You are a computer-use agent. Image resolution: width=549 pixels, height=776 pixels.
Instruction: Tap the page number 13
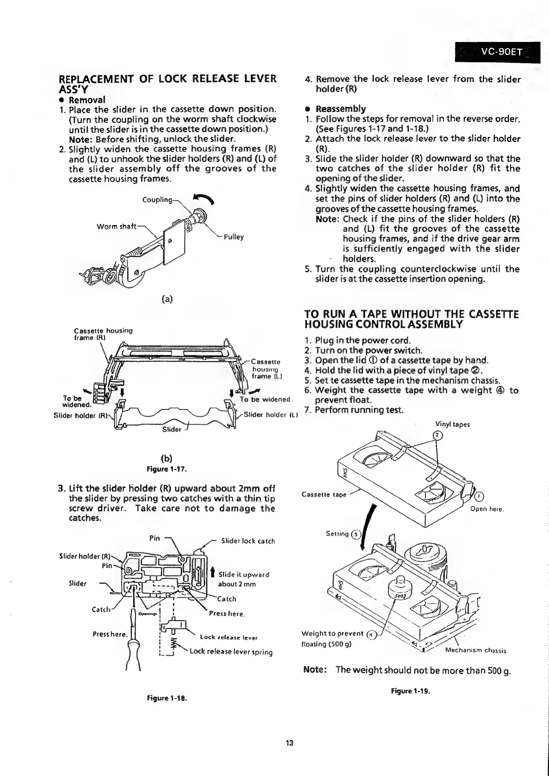coord(289,743)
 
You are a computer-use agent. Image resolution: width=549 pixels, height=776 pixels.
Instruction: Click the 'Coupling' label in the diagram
coord(157,200)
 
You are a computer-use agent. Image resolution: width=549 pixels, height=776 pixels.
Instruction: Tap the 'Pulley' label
coord(234,237)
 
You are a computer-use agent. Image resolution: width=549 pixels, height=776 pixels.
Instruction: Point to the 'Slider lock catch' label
coord(248,541)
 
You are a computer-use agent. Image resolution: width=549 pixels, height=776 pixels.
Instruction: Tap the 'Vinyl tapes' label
coord(452,424)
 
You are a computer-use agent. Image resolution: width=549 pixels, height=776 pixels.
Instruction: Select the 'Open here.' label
coord(488,509)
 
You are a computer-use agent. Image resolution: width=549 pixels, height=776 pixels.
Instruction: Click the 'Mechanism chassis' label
coord(476,651)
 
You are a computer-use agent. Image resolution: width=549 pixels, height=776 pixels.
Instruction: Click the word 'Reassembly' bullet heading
coord(340,109)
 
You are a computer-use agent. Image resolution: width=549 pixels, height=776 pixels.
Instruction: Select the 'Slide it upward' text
coord(244,575)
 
